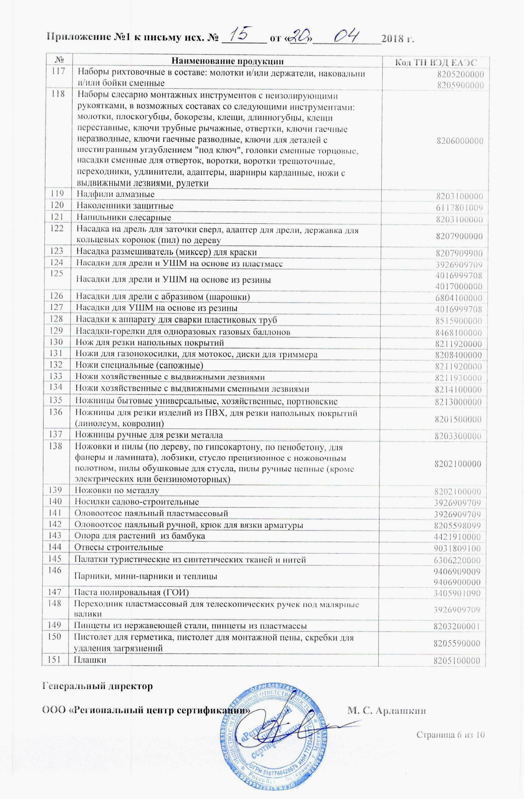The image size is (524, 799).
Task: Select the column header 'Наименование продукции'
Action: (227, 61)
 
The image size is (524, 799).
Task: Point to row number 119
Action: (57, 194)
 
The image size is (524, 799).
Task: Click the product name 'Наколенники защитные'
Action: (125, 205)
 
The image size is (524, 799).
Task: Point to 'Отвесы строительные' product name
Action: (119, 548)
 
